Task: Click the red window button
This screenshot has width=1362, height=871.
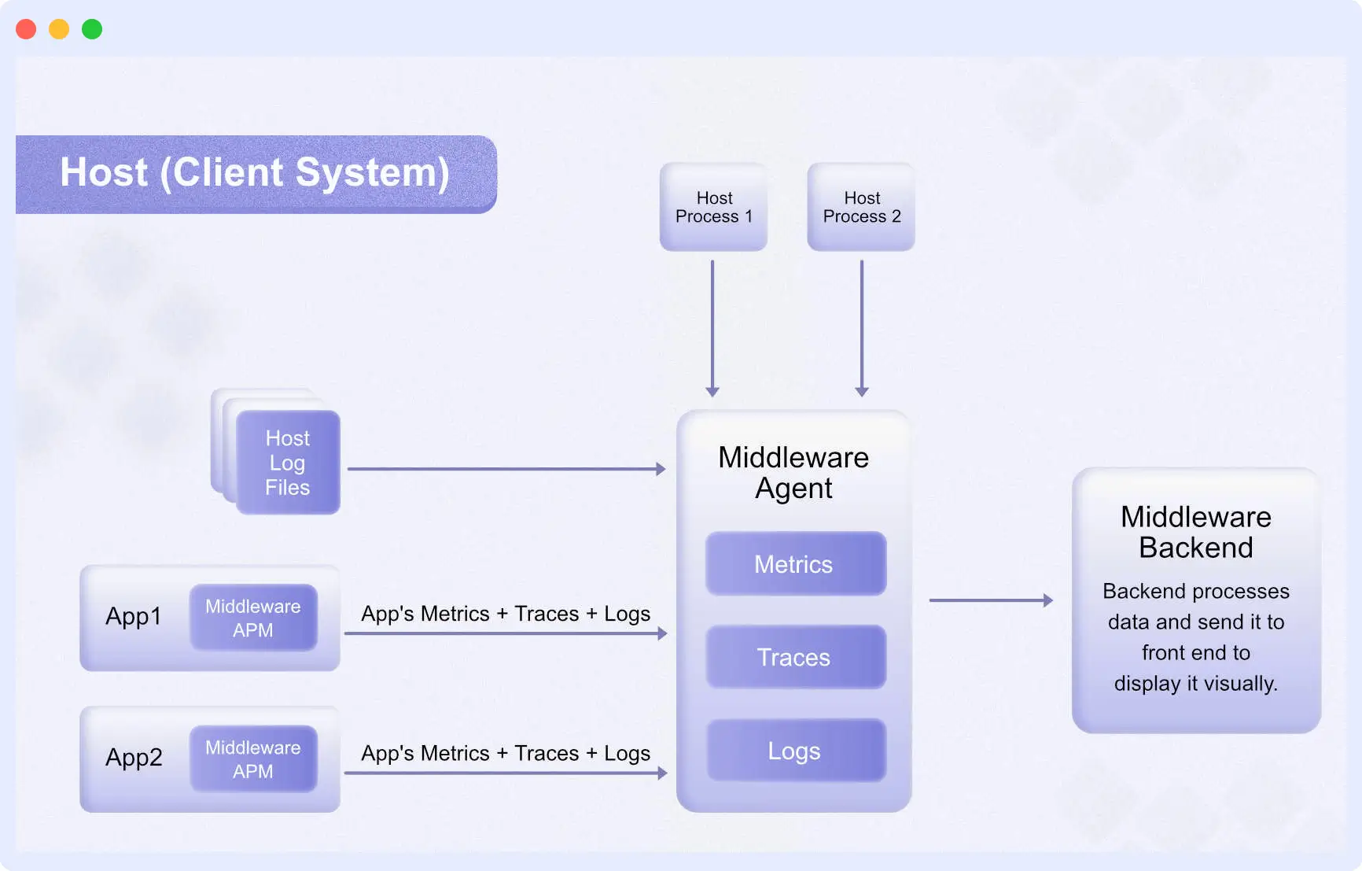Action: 26,29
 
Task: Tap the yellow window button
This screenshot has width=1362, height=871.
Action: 59,29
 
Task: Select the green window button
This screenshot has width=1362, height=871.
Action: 92,29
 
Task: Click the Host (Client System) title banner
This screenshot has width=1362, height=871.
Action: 255,173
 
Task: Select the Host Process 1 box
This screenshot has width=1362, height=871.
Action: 713,207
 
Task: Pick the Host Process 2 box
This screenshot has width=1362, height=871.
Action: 861,207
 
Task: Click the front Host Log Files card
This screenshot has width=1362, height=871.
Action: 288,463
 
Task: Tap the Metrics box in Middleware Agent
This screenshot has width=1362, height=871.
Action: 795,563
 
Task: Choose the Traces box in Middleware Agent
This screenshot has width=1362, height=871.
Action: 795,657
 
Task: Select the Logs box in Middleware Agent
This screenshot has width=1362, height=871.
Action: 795,751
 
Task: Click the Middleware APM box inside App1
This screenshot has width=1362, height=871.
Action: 253,618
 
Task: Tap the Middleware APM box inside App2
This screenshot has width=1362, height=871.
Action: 253,758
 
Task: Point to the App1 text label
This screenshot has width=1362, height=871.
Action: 134,616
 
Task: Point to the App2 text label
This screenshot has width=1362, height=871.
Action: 134,757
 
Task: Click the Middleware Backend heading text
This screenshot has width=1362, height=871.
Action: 1195,532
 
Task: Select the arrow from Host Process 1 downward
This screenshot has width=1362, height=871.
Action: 712,327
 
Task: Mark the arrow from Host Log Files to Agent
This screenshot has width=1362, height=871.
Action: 506,469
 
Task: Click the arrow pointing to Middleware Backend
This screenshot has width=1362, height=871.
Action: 990,600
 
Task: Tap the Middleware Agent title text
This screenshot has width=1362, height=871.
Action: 793,472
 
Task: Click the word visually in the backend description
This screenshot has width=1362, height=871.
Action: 1240,684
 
